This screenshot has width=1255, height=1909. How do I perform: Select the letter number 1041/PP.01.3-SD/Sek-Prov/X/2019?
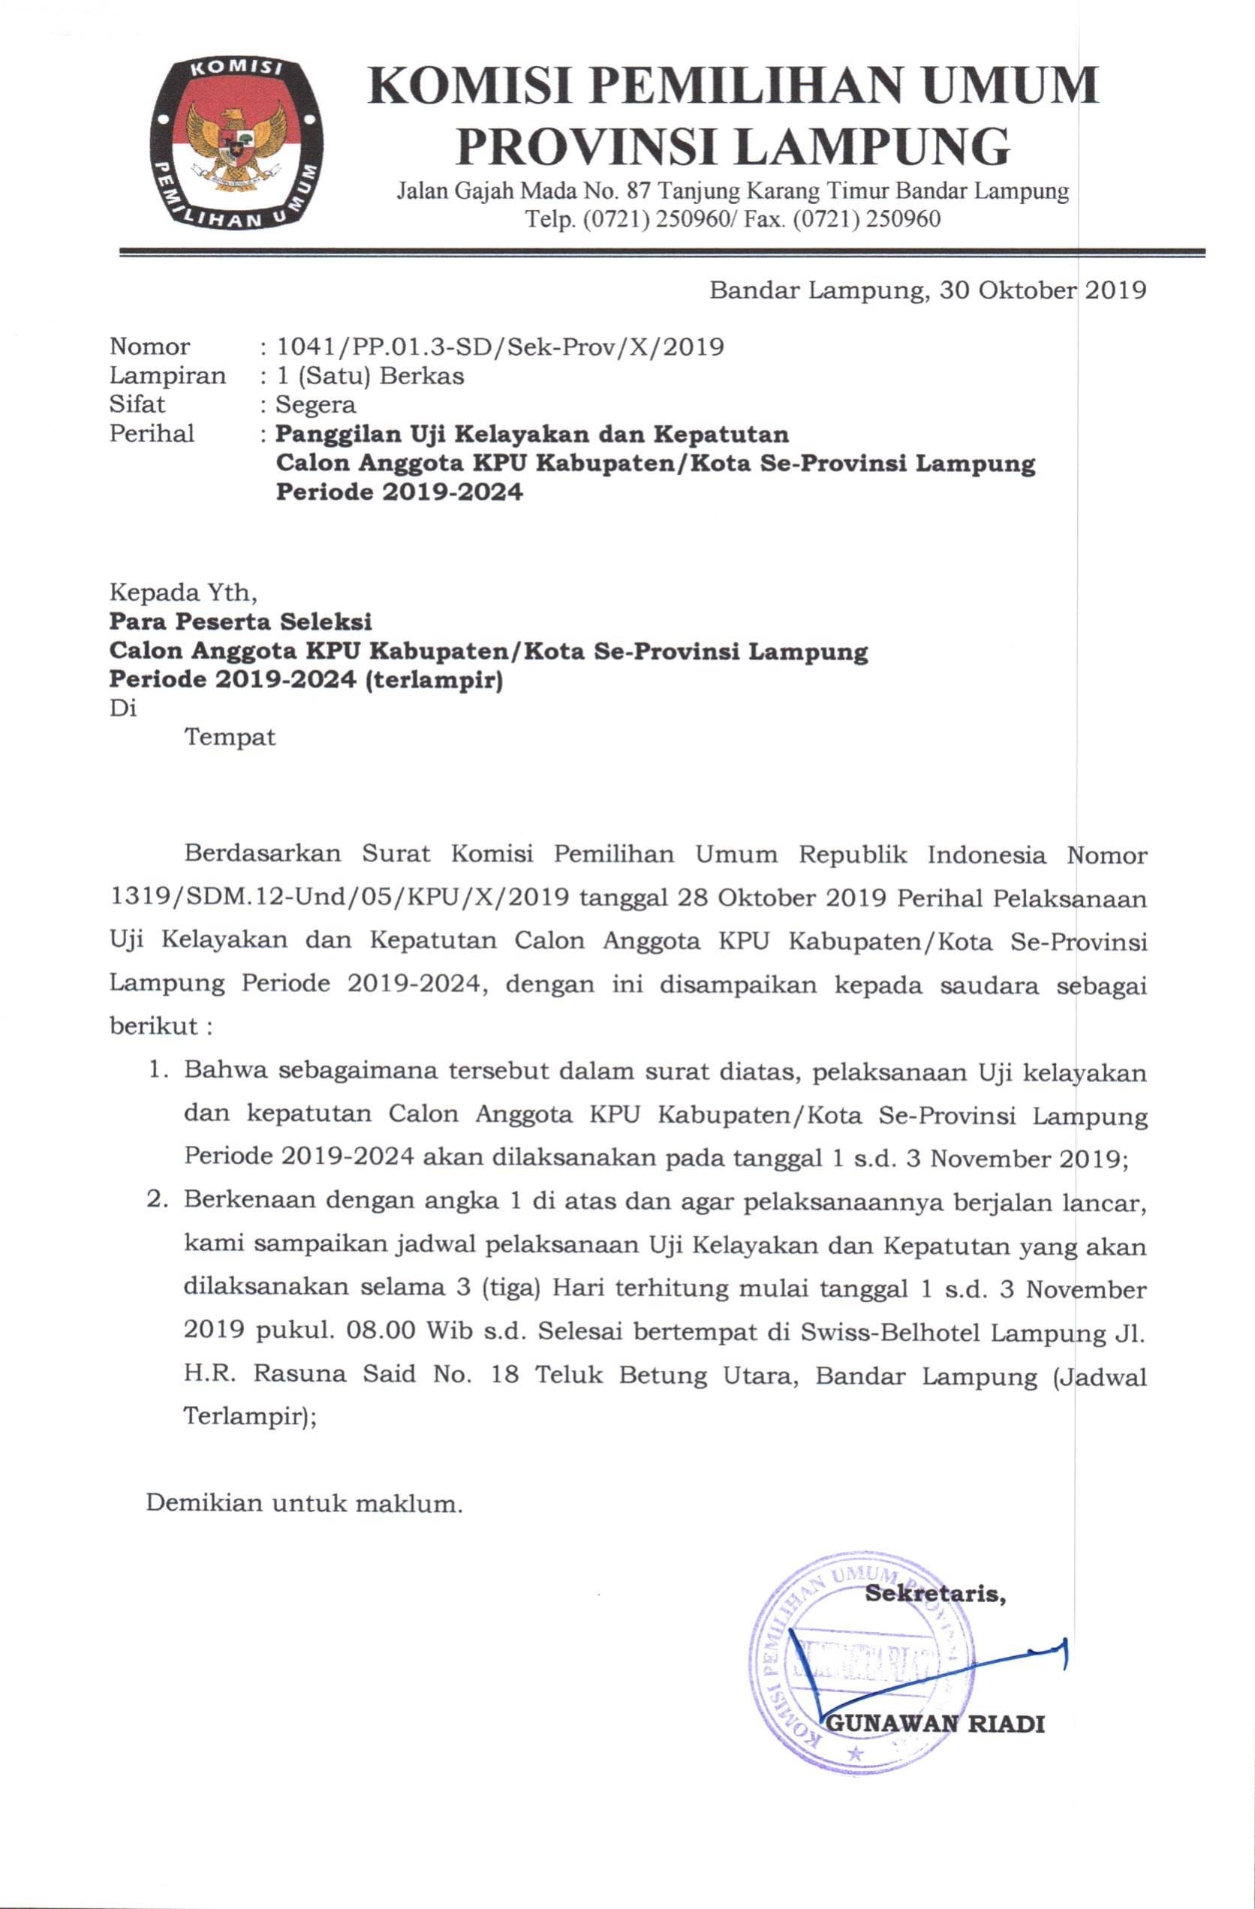pyautogui.click(x=500, y=347)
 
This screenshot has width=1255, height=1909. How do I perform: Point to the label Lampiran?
pyautogui.click(x=167, y=375)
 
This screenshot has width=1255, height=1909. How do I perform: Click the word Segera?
pyautogui.click(x=315, y=404)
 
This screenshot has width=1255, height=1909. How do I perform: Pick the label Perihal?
pyautogui.click(x=152, y=433)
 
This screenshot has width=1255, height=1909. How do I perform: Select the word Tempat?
pyautogui.click(x=230, y=736)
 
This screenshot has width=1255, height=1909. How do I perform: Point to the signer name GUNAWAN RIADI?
pyautogui.click(x=936, y=1746)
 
